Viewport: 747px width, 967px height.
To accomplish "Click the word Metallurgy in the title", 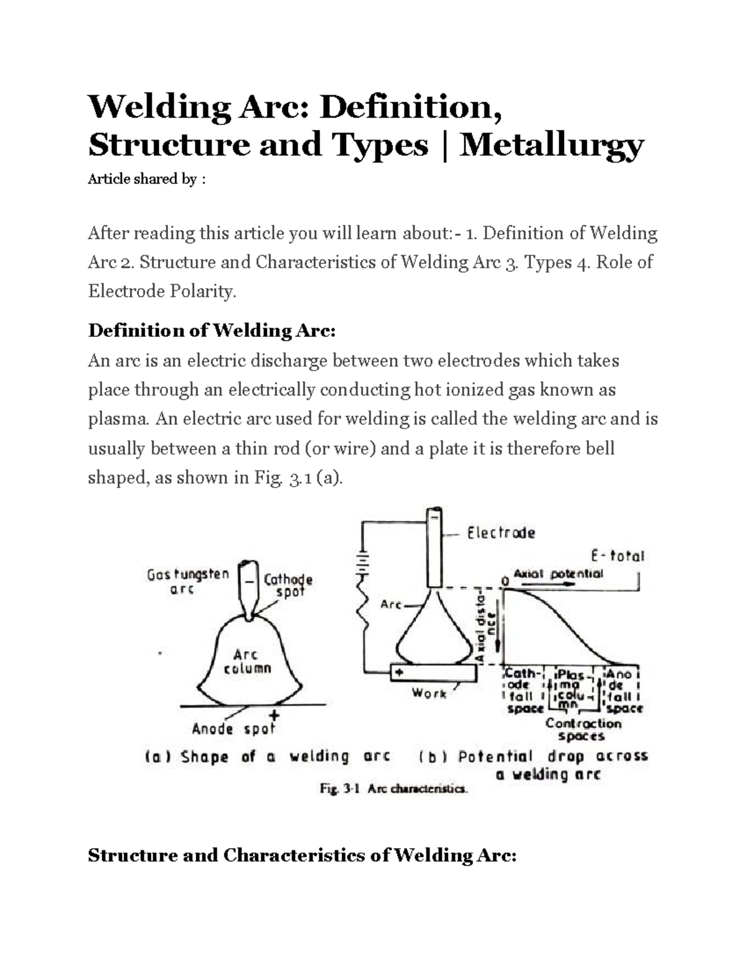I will click(x=552, y=145).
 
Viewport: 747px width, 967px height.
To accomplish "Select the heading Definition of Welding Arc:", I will click(x=212, y=330).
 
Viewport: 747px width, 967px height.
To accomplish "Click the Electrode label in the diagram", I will click(x=500, y=533).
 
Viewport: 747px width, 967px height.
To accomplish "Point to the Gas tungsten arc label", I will click(x=188, y=582).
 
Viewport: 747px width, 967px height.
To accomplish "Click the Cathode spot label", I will click(x=288, y=585).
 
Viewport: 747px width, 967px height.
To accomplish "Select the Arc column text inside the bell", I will click(x=252, y=661).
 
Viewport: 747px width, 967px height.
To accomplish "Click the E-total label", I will click(x=618, y=555).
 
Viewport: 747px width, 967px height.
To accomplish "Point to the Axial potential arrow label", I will click(x=558, y=574).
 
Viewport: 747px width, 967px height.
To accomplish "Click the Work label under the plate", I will click(x=429, y=693).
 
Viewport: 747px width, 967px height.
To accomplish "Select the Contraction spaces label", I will click(x=583, y=730).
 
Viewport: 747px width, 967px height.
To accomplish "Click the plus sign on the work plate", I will click(x=398, y=673).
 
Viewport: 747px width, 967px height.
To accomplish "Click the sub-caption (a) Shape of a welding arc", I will click(x=268, y=757).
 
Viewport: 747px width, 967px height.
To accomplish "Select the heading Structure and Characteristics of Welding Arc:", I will click(x=303, y=856).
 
